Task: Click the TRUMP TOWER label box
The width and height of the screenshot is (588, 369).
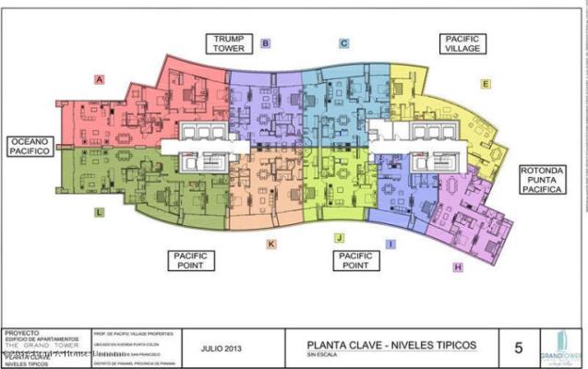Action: pos(228,43)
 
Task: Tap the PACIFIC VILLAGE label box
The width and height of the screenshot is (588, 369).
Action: pos(462,43)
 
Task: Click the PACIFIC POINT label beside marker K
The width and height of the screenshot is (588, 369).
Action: pos(192,259)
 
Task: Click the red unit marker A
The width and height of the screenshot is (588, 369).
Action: pos(99,79)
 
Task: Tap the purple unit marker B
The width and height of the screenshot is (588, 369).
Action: pos(265,43)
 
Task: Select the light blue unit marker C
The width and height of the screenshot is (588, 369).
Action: pos(343,43)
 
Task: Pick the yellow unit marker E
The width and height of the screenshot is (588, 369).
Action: pos(486,83)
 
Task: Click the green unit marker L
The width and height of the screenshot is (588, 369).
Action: pos(99,212)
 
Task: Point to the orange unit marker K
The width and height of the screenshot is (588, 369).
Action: pos(271,244)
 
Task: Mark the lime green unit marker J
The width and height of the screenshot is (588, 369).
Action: pos(340,238)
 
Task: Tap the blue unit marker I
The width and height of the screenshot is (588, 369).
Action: pos(390,244)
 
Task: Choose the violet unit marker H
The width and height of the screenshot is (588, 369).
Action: pos(457,268)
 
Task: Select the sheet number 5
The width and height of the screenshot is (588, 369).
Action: pos(518,348)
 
